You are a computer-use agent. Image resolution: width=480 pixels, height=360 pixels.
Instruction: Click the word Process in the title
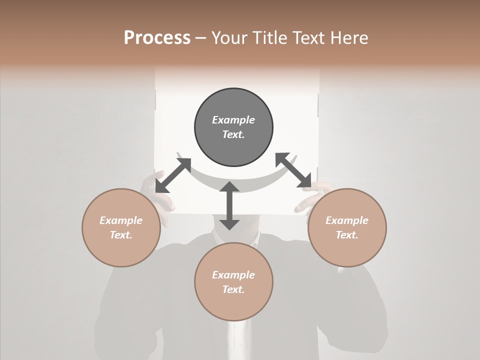tap(157, 38)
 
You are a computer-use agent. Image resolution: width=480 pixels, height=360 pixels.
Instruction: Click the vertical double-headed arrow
tap(229, 205)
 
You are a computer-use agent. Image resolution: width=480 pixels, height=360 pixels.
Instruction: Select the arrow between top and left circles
tap(173, 175)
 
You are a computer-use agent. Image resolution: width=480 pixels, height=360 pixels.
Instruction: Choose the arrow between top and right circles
tap(293, 170)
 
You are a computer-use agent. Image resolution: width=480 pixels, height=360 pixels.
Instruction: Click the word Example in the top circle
tap(233, 120)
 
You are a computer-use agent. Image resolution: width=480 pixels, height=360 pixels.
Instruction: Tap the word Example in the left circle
tap(121, 220)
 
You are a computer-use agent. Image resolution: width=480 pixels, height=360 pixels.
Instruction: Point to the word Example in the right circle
tap(347, 220)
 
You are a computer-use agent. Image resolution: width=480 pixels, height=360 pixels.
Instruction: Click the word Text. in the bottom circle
tap(233, 289)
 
